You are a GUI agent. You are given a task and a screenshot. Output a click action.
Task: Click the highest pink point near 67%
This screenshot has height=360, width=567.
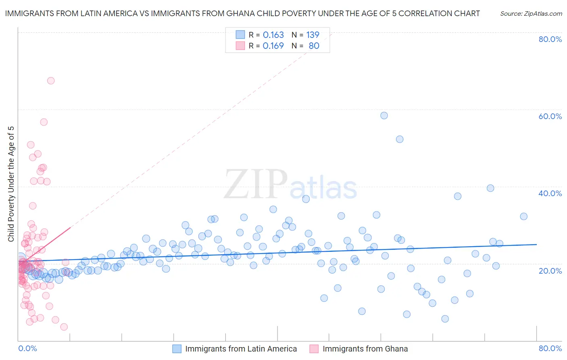pyautogui.click(x=51, y=81)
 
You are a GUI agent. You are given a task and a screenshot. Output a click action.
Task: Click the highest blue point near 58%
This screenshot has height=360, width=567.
pyautogui.click(x=384, y=115)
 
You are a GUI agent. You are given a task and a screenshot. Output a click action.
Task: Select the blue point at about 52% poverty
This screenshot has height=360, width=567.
pyautogui.click(x=400, y=139)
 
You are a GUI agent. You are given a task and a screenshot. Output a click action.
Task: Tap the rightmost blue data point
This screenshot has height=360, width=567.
pyautogui.click(x=523, y=216)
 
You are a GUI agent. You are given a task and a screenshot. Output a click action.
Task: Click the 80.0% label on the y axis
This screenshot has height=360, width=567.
pyautogui.click(x=550, y=39)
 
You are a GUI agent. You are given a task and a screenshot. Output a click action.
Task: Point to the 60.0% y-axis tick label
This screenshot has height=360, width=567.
pyautogui.click(x=550, y=116)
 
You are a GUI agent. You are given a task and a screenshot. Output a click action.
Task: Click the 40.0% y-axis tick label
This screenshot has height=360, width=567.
pyautogui.click(x=550, y=193)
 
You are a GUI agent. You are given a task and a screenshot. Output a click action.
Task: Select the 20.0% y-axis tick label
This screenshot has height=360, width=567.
pyautogui.click(x=550, y=270)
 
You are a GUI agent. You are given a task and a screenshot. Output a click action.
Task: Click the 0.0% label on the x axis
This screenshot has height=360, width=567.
pyautogui.click(x=27, y=348)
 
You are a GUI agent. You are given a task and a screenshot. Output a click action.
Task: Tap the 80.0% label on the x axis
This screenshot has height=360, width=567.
pyautogui.click(x=550, y=348)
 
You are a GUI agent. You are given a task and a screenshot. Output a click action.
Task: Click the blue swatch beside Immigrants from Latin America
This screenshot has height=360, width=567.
pyautogui.click(x=177, y=349)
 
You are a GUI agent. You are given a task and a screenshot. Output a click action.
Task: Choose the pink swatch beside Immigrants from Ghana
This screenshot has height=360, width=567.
pyautogui.click(x=314, y=349)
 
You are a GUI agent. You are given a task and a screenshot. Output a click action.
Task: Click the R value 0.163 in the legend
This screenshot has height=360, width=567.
pyautogui.click(x=273, y=35)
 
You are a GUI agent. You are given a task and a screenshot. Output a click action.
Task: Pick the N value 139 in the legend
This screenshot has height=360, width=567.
pyautogui.click(x=313, y=35)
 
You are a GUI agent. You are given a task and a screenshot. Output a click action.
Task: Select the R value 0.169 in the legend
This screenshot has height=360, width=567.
pyautogui.click(x=273, y=46)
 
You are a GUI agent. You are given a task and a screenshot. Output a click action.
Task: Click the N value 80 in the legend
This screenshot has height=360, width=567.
pyautogui.click(x=314, y=46)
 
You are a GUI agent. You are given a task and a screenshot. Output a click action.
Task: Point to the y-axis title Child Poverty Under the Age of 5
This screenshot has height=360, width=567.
pyautogui.click(x=11, y=184)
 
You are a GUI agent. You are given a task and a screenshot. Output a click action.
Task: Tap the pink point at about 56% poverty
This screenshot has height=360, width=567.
pyautogui.click(x=44, y=122)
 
